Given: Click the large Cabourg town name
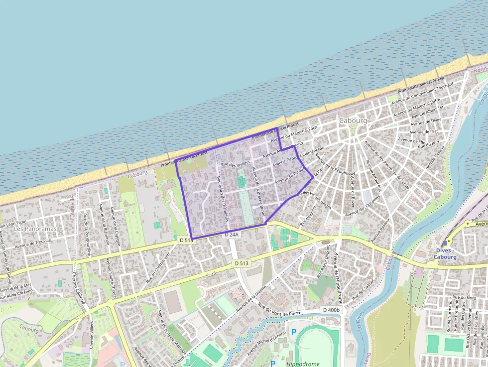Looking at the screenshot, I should pyautogui.click(x=353, y=121).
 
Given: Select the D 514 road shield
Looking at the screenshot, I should pyautogui.click(x=185, y=241).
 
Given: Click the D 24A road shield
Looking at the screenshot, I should pyautogui.click(x=232, y=234).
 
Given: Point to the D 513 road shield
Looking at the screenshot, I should pyautogui.click(x=241, y=263).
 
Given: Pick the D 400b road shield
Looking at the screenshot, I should pyautogui.click(x=331, y=310).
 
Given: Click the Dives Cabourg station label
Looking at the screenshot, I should pyautogui.click(x=445, y=253).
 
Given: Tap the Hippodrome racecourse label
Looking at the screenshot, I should pyautogui.click(x=303, y=364).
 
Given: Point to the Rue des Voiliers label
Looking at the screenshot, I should pyautogui.click(x=236, y=164).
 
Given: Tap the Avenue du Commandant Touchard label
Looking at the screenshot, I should pyautogui.click(x=422, y=93).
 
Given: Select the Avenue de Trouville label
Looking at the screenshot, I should pyautogui.click(x=36, y=244).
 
